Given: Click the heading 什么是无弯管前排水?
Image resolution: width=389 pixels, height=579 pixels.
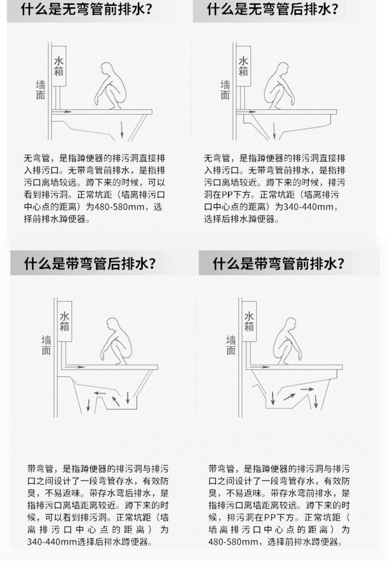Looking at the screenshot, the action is pos(86,10).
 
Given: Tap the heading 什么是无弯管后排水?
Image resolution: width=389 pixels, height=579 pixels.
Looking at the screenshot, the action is pos(273,10).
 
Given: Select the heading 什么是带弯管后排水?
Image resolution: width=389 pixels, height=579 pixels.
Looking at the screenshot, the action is pos(90,264).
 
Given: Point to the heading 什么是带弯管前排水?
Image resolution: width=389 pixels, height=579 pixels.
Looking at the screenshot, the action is pos(279,264).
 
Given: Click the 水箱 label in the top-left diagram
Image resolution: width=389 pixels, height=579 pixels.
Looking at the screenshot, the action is pos(59,67).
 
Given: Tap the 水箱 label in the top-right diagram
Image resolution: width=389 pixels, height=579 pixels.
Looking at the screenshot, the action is pos(243,67).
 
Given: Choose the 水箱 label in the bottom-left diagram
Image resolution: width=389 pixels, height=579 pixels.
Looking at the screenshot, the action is pos(65,322).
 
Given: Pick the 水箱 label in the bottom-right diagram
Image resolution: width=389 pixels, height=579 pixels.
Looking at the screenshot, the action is pos(249,322).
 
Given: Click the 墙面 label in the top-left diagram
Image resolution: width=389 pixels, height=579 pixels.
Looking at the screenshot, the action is pos(40,90).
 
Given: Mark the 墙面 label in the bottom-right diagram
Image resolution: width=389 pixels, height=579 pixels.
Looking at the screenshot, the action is pos(231,345).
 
